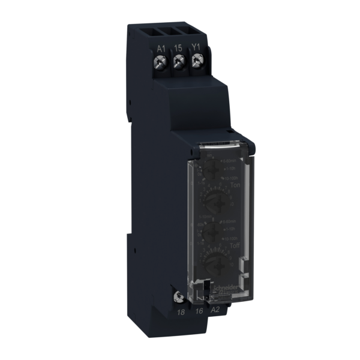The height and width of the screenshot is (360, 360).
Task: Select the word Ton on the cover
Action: click(x=234, y=187)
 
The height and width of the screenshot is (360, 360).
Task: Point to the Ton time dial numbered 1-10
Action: click(x=214, y=202)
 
